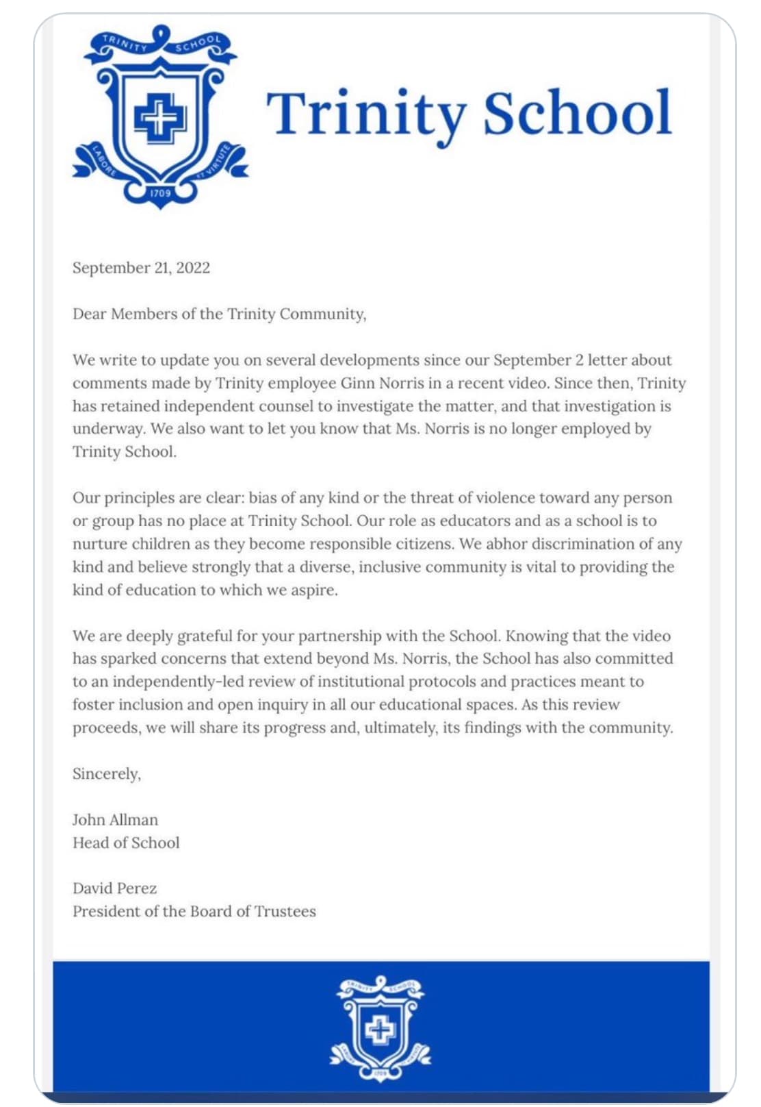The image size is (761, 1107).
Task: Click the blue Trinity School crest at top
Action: tap(160, 116)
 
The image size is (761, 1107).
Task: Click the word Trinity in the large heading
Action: tap(366, 114)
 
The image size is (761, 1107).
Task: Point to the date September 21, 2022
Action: tap(141, 268)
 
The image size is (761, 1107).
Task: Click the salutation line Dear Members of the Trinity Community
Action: tap(219, 314)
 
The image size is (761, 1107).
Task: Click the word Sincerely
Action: tap(106, 773)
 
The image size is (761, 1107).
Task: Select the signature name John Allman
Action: tap(115, 820)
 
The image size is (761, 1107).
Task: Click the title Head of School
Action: tap(126, 843)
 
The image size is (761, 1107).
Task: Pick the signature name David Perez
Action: tap(114, 888)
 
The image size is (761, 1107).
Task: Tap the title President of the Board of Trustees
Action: tap(194, 911)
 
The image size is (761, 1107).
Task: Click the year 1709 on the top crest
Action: tap(160, 193)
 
